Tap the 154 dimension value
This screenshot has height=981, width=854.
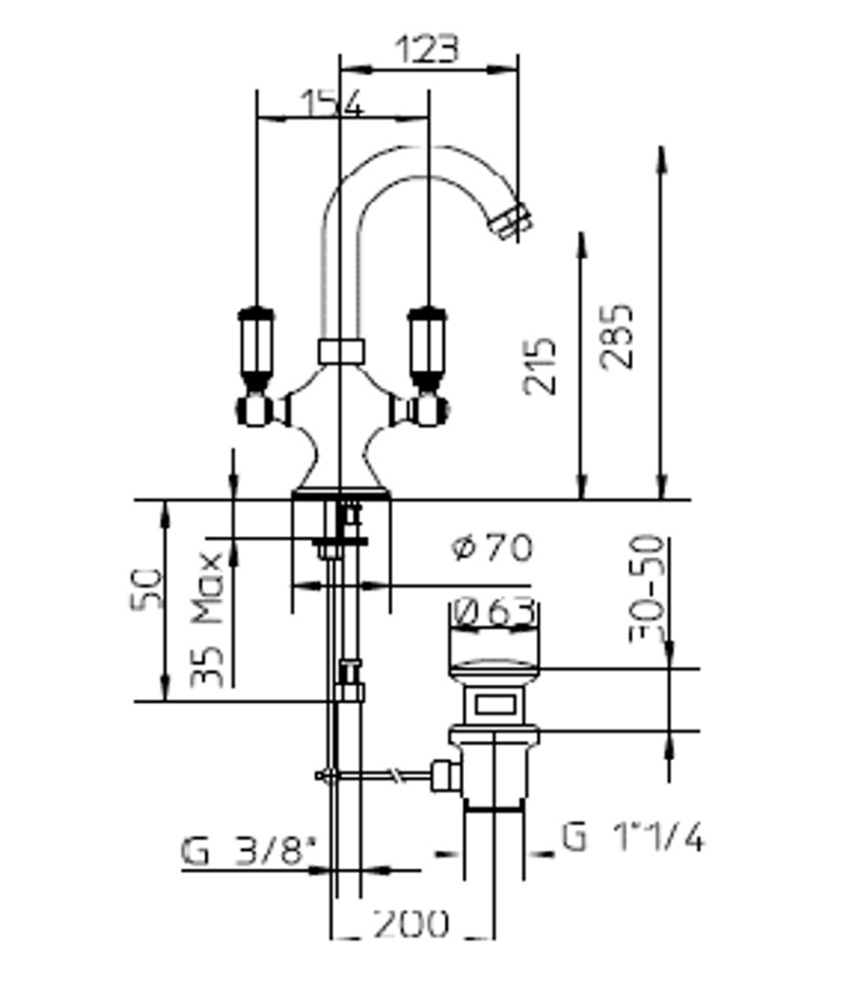[331, 103]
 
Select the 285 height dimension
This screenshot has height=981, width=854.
[616, 336]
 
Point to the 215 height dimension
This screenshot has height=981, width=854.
[539, 366]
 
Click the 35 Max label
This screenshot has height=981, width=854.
[207, 620]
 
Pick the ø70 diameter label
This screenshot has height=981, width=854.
[492, 547]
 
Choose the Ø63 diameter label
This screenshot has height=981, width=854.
[494, 612]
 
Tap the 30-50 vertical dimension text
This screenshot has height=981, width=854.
[646, 589]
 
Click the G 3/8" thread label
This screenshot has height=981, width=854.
[249, 851]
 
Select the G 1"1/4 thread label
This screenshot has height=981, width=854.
[633, 836]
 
